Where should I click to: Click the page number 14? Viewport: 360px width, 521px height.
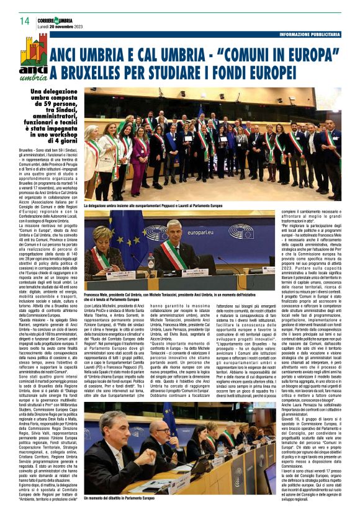click(x=24, y=22)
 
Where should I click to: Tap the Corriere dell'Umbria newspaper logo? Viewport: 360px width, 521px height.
click(x=55, y=19)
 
